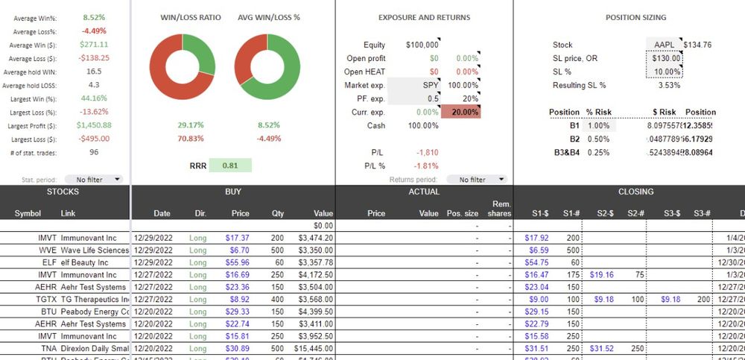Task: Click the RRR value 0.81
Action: [x=230, y=165]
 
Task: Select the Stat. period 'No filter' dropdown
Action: [x=94, y=179]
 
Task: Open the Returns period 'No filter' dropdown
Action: [x=476, y=180]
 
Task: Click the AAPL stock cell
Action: [x=664, y=45]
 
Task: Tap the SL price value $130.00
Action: [x=665, y=58]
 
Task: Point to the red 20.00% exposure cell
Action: [x=461, y=112]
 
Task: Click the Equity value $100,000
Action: [x=422, y=45]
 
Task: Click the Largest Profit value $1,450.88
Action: [x=94, y=125]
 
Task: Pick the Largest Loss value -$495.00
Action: [x=94, y=139]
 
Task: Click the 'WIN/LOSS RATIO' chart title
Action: [x=191, y=17]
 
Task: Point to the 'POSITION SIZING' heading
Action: [x=635, y=17]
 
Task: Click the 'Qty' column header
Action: [x=277, y=213]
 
